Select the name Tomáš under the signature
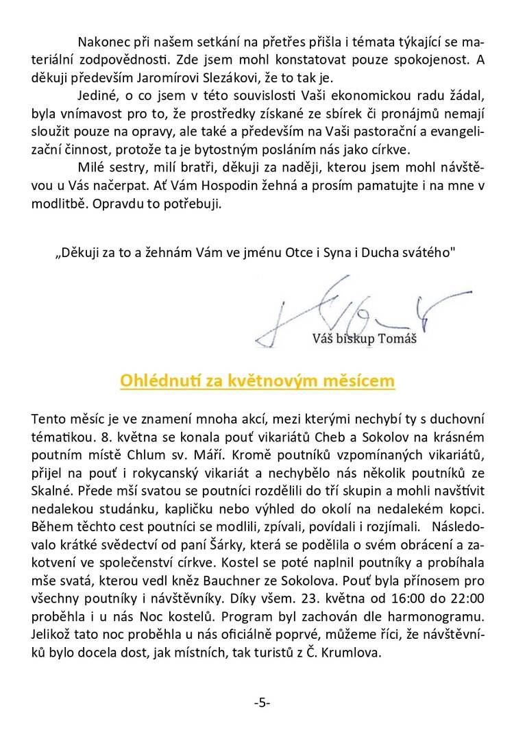401,338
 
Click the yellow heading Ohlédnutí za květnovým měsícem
257,380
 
